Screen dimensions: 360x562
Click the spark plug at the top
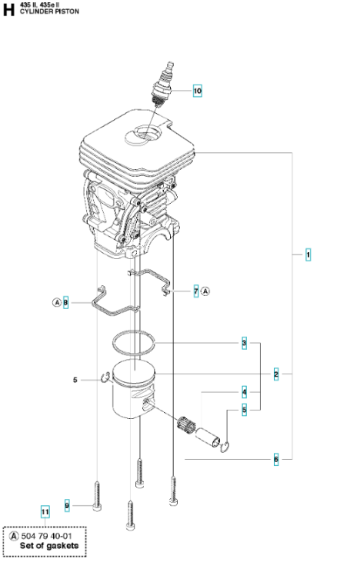coord(163,85)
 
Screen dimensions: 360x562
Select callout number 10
coord(198,91)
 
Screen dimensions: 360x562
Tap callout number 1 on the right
coord(308,254)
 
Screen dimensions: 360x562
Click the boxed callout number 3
coord(244,343)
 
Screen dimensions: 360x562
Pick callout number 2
coord(276,374)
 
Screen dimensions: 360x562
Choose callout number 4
coord(244,392)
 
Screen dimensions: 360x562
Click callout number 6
coord(276,459)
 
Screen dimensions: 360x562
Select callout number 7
coord(196,291)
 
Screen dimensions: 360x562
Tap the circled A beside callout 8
coord(57,303)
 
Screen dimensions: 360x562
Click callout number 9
coord(67,506)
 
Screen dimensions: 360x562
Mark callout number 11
coord(45,512)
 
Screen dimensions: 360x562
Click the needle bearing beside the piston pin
coord(187,424)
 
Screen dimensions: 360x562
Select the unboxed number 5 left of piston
coord(75,380)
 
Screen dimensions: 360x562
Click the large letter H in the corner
coord(8,10)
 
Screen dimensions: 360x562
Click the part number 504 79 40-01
coord(47,536)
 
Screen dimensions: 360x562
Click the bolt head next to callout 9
coord(98,507)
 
